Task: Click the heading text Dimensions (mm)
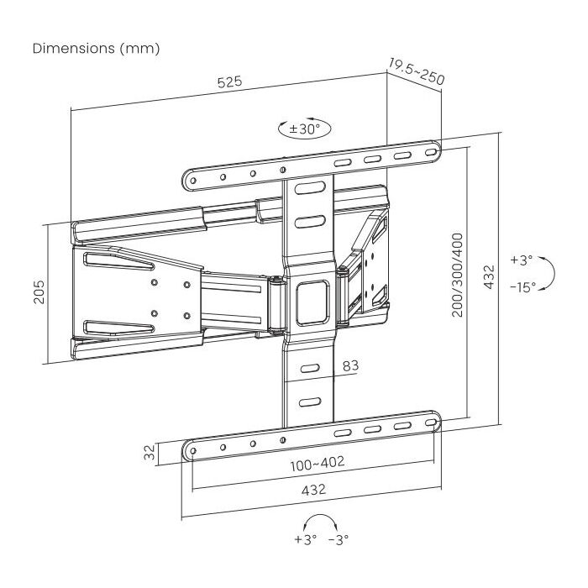point(96,49)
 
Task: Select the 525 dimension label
point(230,81)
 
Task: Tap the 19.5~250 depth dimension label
point(417,71)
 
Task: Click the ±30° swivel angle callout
point(304,129)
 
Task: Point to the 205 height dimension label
point(39,291)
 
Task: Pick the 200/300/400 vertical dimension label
point(458,275)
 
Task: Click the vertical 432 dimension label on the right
point(489,276)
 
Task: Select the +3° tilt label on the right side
point(522,260)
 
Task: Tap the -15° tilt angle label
point(522,287)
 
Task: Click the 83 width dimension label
point(350,365)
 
